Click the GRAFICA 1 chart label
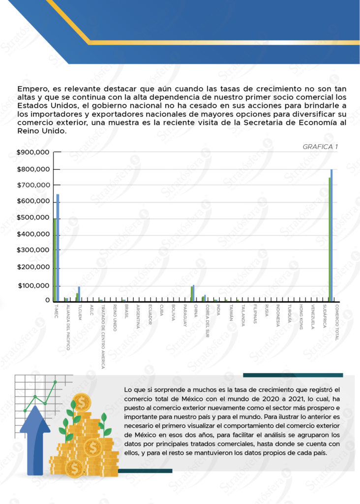320,147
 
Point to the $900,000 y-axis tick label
33,153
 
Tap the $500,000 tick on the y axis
33,218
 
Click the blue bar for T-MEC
58,246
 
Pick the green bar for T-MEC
55,258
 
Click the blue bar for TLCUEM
79,293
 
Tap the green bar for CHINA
192,293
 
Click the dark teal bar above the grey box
292,375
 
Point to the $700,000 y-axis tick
33,186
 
